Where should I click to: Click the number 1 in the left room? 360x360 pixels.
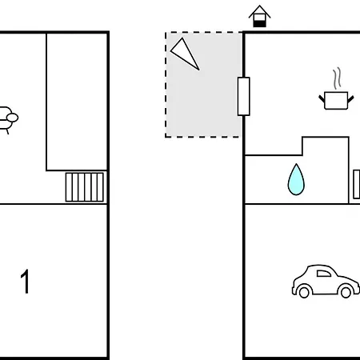point(25,282)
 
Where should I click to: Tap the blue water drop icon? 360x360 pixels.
point(296,180)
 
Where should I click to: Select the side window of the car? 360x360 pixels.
point(323,274)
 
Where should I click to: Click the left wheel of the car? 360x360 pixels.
point(304,292)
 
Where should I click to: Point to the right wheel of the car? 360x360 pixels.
point(346,292)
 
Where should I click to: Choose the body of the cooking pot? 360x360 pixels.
point(336,101)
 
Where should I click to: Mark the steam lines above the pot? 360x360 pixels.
point(337,78)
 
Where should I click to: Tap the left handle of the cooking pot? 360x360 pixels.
point(322,98)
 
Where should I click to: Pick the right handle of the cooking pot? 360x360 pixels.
point(351,98)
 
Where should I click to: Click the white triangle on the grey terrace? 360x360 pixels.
point(186,54)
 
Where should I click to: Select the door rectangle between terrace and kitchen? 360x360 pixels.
point(244,96)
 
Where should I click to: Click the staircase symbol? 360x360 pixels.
point(85,187)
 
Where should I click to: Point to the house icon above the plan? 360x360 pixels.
point(259,16)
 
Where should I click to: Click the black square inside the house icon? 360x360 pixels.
point(259,24)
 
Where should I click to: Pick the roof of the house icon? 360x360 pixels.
point(259,11)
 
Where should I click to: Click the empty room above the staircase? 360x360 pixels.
point(77,102)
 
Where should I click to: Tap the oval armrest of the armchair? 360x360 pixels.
point(12,118)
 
